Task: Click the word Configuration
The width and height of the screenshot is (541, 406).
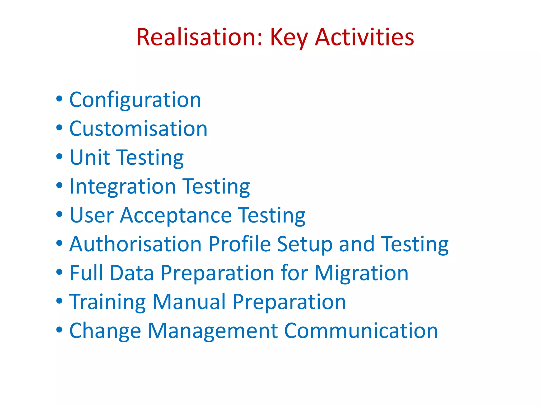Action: pos(135,100)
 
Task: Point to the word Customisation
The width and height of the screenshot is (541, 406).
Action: pos(138,129)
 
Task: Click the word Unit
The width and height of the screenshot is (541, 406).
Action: pos(90,158)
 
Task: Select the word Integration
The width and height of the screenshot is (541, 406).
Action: pos(123,187)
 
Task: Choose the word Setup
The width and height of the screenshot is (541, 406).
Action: pos(305,244)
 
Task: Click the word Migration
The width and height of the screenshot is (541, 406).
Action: pos(361,273)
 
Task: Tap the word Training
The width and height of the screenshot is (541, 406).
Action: pos(107,302)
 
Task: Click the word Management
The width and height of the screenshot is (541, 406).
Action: pos(213,331)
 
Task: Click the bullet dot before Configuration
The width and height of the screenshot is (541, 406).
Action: pos(59,99)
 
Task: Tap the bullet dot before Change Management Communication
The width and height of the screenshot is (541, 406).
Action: pos(59,330)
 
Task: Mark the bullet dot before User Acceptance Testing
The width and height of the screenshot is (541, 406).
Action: pos(59,214)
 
